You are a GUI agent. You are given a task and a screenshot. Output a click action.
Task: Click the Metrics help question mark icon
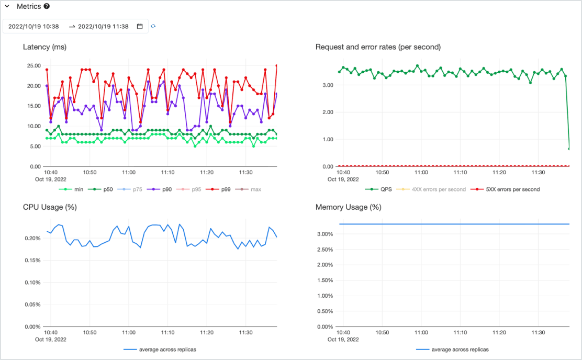(x=47, y=7)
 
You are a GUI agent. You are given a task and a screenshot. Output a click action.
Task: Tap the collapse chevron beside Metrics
(x=7, y=7)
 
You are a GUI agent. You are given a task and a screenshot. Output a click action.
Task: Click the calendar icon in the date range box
(x=140, y=26)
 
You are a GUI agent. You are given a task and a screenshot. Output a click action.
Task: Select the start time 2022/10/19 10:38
(x=33, y=26)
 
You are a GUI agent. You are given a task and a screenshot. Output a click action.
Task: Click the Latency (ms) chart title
(x=44, y=47)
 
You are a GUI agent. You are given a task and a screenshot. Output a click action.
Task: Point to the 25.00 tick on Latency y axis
(x=33, y=65)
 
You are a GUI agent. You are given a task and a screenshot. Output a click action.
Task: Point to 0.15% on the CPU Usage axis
(x=32, y=261)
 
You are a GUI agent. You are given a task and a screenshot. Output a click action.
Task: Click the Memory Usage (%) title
(x=348, y=207)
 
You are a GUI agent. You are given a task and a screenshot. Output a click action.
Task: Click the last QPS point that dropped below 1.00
(x=569, y=149)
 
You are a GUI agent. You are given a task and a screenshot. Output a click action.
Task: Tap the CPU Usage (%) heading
(x=50, y=207)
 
